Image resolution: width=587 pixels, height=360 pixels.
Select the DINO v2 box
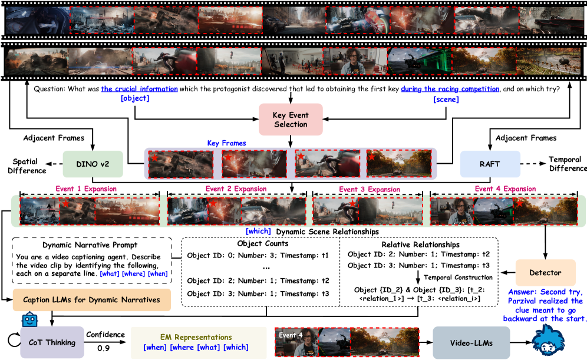93,163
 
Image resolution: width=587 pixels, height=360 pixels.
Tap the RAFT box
489,163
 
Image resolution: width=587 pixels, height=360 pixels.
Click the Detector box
545,273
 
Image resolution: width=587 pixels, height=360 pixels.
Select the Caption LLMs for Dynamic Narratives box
91,300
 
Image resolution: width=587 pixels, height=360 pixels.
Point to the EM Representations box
196,342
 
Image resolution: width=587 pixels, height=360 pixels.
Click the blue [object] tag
134,98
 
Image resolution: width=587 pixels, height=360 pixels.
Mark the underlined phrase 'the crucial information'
139,89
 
